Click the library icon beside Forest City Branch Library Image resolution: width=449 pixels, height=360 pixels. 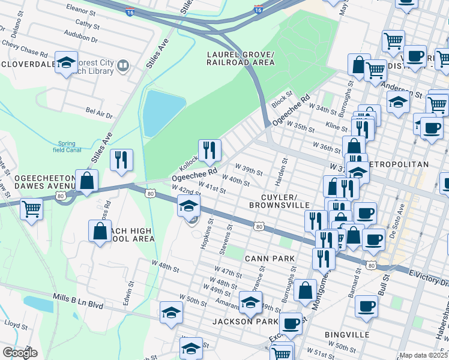[x=123, y=65]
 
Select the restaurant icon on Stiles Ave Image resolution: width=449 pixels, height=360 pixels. [x=121, y=160]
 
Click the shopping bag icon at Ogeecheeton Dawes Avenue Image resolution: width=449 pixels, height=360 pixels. [x=86, y=181]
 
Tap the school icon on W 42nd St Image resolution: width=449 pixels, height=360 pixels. [x=188, y=207]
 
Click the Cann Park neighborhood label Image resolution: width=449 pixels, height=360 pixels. [x=270, y=259]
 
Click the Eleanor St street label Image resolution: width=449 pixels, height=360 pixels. [x=82, y=11]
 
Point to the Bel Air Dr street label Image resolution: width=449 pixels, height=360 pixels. [x=99, y=112]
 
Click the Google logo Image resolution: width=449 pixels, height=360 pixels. [x=20, y=353]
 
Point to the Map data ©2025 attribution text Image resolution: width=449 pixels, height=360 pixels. [x=423, y=355]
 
